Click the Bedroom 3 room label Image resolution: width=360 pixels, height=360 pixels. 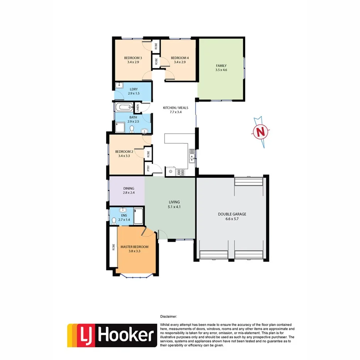click(133, 58)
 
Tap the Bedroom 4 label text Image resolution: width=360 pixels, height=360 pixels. click(180, 58)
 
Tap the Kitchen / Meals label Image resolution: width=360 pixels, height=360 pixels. click(175, 108)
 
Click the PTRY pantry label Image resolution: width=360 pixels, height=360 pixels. click(148, 168)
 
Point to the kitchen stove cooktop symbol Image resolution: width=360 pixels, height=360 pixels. click(180, 172)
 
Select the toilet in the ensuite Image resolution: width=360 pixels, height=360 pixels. click(114, 221)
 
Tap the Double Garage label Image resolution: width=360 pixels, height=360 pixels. click(232, 214)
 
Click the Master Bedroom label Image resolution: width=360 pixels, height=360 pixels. click(134, 246)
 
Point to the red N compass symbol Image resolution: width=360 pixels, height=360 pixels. click(262, 132)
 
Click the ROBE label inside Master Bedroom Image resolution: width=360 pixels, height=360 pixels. click(114, 246)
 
